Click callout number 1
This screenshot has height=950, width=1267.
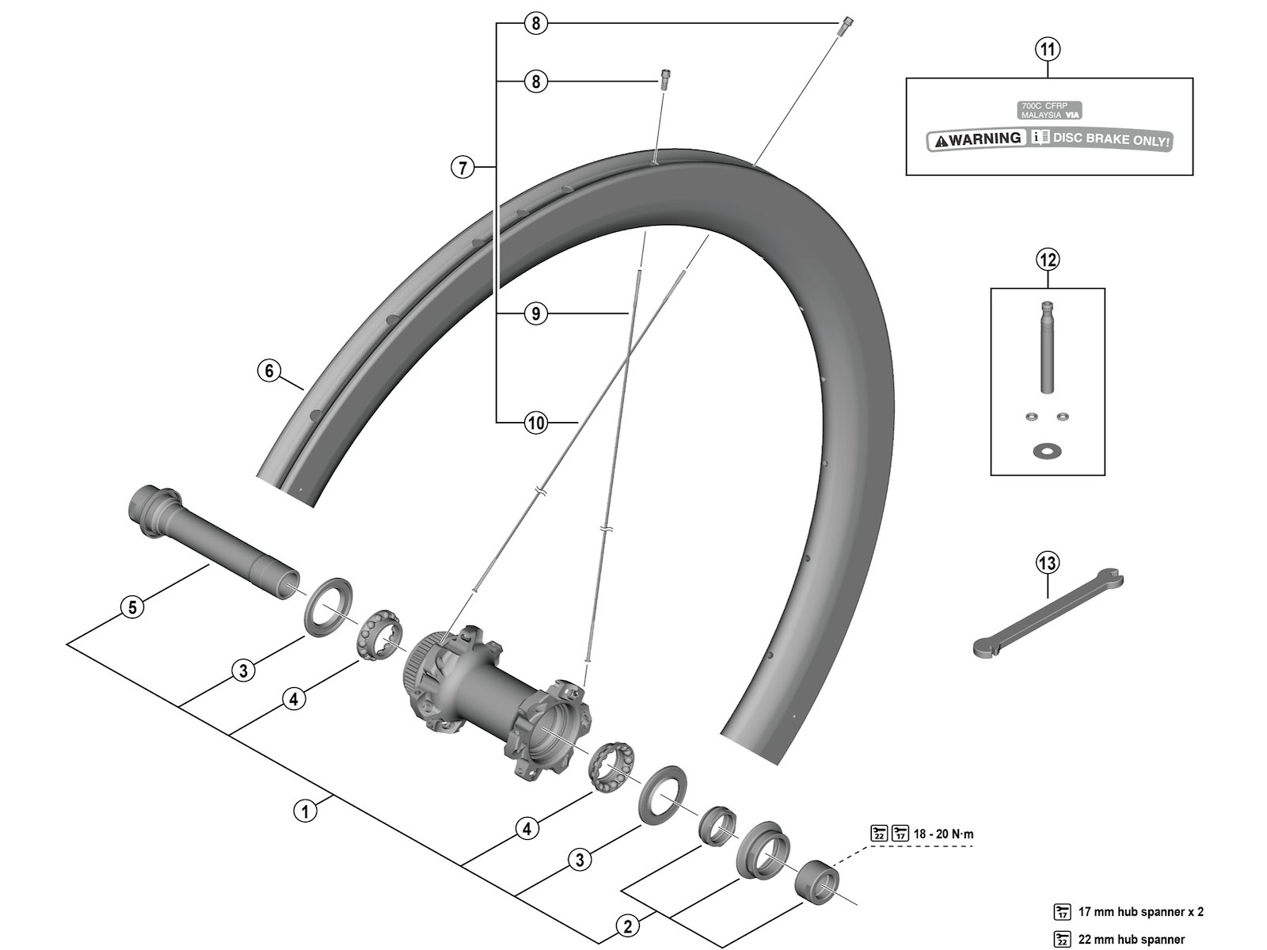pyautogui.click(x=305, y=811)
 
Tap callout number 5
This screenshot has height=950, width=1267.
pyautogui.click(x=133, y=607)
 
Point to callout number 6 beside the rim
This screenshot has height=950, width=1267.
pyautogui.click(x=269, y=370)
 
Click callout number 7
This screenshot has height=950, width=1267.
pyautogui.click(x=463, y=167)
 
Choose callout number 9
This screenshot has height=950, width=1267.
pyautogui.click(x=536, y=313)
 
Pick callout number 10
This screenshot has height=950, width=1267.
pyautogui.click(x=536, y=423)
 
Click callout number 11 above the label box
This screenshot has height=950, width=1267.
pyautogui.click(x=1048, y=49)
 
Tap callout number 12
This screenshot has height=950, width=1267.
pyautogui.click(x=1048, y=259)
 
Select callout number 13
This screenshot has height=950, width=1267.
pyautogui.click(x=1047, y=563)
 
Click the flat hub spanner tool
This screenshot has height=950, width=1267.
pyautogui.click(x=1045, y=614)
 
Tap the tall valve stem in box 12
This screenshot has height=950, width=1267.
pyautogui.click(x=1047, y=348)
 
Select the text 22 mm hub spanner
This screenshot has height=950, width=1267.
pyautogui.click(x=1132, y=940)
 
